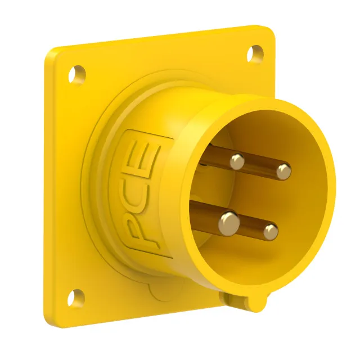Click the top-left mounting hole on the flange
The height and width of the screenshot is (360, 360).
click(77, 75)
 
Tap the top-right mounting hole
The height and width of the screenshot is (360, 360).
click(255, 54)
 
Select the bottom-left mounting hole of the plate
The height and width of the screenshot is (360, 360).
click(76, 298)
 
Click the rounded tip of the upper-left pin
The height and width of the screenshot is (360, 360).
click(237, 161)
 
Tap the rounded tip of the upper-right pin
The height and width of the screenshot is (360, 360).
click(283, 172)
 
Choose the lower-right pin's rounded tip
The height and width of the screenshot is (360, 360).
click(271, 232)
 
